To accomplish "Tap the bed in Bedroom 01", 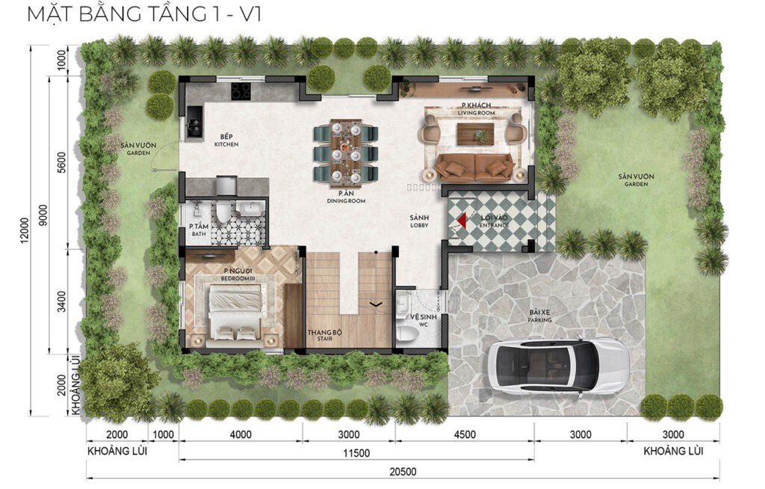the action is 236,312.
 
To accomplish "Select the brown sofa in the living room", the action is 474,167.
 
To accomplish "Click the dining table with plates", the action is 346,153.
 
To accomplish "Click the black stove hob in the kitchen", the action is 241,91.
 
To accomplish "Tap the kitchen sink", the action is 194,123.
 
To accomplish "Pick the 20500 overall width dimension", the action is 403,471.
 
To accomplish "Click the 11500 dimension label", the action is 356,453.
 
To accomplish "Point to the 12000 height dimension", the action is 25,229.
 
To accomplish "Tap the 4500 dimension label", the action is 465,434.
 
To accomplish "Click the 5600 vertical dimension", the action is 61,162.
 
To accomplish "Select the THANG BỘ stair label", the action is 325,335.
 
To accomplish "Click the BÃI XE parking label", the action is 539,316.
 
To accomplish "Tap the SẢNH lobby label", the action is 419,221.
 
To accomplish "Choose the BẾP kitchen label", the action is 226,141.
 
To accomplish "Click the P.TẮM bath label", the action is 199,230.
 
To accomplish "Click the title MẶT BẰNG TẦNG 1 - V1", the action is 144,13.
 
